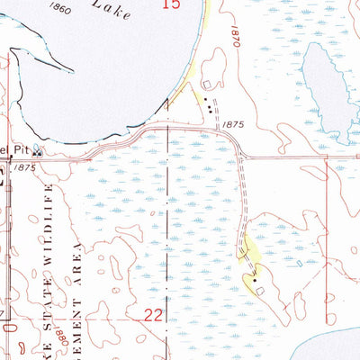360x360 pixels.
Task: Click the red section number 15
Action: (x=172, y=5)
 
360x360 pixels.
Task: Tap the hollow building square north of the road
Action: (x=208, y=85)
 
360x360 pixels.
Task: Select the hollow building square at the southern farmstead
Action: (x=261, y=292)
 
